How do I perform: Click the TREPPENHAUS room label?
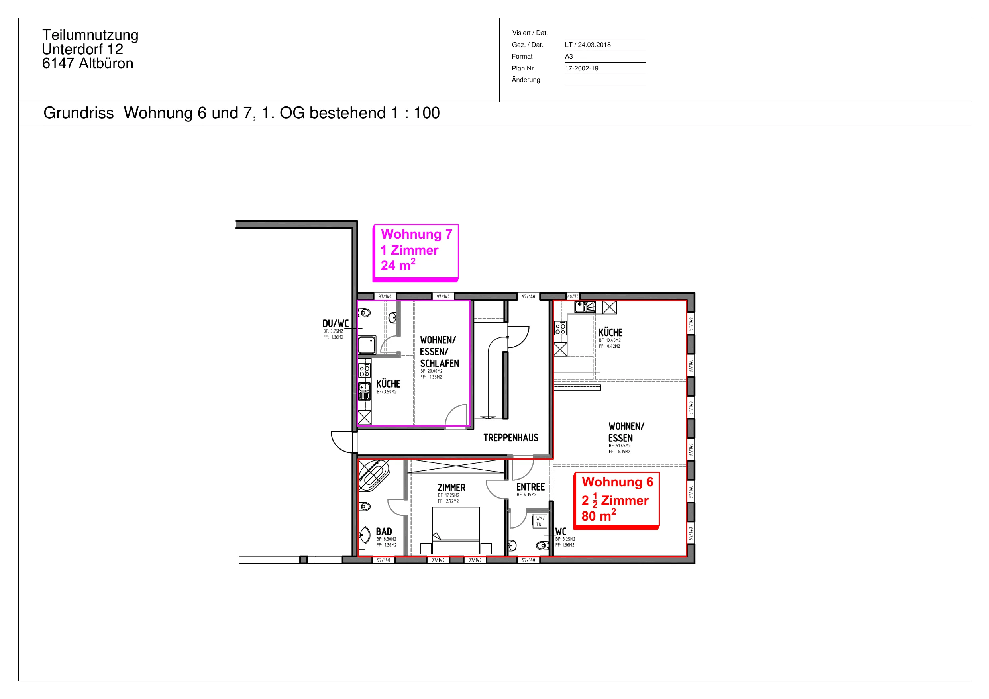(511, 438)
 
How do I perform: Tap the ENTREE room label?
(531, 487)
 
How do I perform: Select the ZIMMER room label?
(451, 488)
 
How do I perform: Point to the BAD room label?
(384, 532)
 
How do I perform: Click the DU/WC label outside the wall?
(336, 324)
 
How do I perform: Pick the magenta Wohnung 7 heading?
(416, 234)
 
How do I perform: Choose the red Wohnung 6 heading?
(617, 482)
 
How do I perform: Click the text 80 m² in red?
(599, 515)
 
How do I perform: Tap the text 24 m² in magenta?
(398, 265)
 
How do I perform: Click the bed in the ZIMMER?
(456, 531)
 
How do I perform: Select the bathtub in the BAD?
(373, 476)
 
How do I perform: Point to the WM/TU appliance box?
(540, 521)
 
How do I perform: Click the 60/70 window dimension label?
(573, 297)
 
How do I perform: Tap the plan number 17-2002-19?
(581, 69)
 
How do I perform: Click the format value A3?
(569, 57)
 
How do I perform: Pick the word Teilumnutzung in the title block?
(90, 35)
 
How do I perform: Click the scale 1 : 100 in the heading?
(415, 113)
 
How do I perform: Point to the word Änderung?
(526, 80)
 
